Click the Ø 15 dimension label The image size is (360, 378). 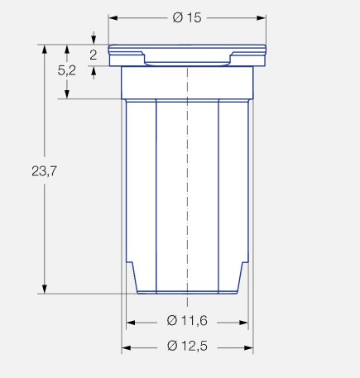(x=188, y=19)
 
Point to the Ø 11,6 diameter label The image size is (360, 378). (x=186, y=321)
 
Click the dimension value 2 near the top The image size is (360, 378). (x=94, y=55)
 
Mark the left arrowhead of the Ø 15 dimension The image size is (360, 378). (x=113, y=18)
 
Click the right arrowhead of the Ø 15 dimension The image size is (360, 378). (x=262, y=18)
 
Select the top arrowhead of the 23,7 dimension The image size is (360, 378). (x=44, y=49)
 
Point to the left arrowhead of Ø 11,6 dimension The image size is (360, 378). (x=130, y=321)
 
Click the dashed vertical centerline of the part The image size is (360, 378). (x=188, y=182)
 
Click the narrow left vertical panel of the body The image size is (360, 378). (x=141, y=182)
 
